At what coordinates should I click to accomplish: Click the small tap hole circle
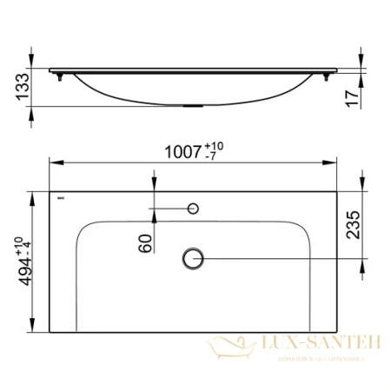[193, 209]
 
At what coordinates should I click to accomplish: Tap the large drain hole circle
[193, 256]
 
